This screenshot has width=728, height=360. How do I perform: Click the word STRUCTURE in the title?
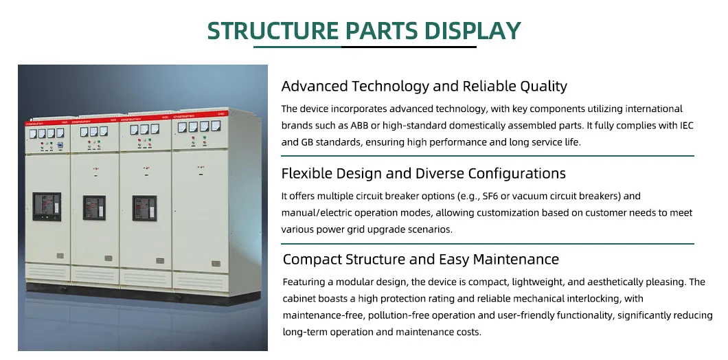(x=273, y=31)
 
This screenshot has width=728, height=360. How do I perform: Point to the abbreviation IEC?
(x=674, y=126)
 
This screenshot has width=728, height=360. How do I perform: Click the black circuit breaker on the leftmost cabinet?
(x=47, y=206)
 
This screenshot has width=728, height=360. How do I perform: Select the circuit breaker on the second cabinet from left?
(x=94, y=207)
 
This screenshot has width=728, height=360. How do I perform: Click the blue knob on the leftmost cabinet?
(x=60, y=146)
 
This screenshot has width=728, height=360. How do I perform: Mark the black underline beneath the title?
(x=365, y=47)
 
